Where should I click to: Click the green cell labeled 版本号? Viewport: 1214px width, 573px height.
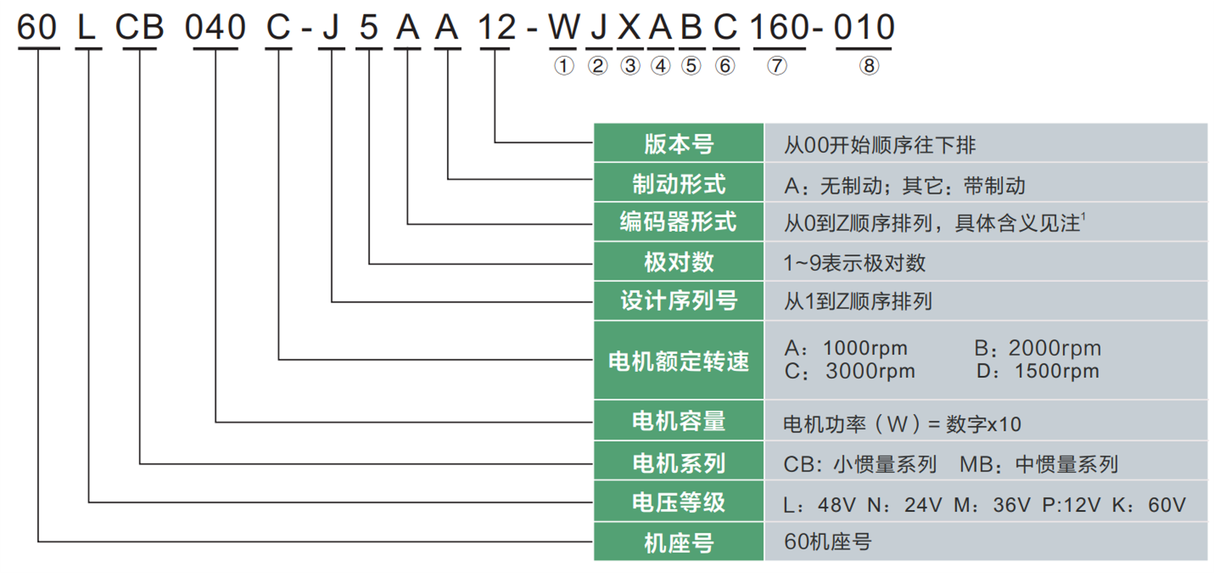[679, 143]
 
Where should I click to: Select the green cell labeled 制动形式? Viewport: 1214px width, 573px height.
[679, 182]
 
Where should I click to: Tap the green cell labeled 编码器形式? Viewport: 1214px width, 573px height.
[679, 222]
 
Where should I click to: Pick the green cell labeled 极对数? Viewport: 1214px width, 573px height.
[679, 261]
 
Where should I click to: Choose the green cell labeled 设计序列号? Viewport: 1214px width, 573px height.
[679, 301]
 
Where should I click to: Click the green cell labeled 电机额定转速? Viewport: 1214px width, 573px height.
[679, 360]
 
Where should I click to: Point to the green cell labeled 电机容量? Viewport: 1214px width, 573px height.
[679, 421]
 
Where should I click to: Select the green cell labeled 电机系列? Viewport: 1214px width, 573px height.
[679, 461]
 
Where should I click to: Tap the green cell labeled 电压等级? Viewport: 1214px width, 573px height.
[679, 501]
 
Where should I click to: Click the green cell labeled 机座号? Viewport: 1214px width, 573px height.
[679, 542]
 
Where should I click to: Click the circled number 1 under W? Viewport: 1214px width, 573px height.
[564, 66]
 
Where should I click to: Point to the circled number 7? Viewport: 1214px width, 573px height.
[776, 66]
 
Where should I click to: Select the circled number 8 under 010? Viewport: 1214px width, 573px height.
[869, 66]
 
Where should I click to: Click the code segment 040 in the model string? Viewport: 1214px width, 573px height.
[215, 28]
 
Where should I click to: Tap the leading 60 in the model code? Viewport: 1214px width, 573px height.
[37, 28]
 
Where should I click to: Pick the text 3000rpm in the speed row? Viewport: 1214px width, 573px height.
[869, 371]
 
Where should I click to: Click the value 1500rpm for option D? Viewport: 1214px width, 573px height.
[1056, 371]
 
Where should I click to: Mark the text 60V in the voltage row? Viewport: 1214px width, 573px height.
[1167, 505]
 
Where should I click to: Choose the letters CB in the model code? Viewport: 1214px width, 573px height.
[139, 28]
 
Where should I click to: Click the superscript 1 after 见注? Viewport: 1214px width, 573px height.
[1083, 216]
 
